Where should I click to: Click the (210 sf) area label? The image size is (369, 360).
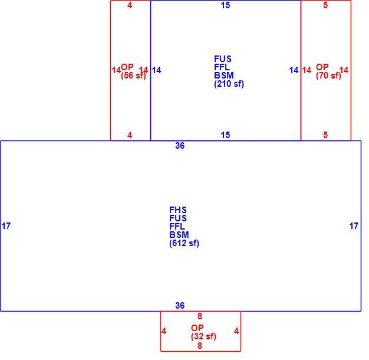coord(229,84)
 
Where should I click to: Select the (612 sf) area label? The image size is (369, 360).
coord(184,243)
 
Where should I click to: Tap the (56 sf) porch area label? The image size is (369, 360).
coord(133,76)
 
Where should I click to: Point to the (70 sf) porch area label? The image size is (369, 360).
coord(328,76)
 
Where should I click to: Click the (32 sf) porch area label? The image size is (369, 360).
coord(203,336)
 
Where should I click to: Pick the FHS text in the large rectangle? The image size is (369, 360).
coord(178,210)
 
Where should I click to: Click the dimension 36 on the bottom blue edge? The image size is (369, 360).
coord(180,306)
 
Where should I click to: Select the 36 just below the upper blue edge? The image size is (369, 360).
coord(180,146)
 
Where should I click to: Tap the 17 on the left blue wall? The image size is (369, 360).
coord(6,226)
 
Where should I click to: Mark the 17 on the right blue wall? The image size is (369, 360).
coord(354,226)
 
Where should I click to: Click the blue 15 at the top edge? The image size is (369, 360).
coord(225,5)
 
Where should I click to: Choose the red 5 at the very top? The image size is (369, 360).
coord(325,5)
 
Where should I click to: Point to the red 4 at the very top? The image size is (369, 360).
coord(130,5)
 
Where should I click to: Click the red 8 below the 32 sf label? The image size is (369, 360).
coord(200,346)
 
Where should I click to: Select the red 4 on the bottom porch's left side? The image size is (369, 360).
coord(164,331)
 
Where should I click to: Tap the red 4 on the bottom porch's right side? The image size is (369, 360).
coord(236,331)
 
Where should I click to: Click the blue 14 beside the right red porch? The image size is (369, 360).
coord(294,70)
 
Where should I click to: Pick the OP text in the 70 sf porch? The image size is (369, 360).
coord(322,67)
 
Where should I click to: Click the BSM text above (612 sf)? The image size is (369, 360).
coord(179,235)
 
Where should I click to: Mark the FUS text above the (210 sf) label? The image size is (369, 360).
coord(223,58)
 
